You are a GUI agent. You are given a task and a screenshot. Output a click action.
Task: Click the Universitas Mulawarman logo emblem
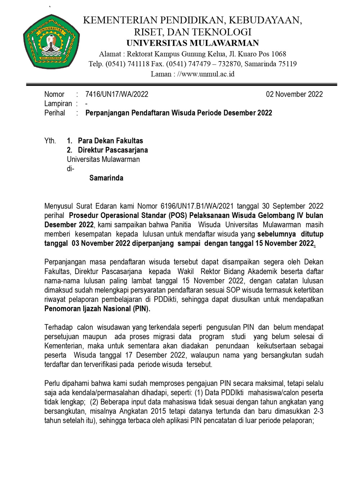click(51, 42)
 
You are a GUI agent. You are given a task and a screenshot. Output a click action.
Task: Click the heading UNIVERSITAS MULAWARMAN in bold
click(193, 43)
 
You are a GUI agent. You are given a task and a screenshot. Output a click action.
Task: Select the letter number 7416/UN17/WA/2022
click(117, 94)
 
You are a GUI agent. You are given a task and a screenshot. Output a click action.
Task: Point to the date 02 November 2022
click(294, 94)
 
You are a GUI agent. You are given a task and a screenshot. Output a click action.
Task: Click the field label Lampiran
click(58, 104)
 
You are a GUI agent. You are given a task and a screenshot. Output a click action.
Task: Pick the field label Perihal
click(55, 113)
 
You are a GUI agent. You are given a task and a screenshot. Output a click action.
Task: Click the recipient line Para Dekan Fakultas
click(110, 141)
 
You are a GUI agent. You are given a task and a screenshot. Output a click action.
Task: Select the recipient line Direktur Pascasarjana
click(113, 150)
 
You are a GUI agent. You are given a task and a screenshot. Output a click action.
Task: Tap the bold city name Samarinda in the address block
click(106, 178)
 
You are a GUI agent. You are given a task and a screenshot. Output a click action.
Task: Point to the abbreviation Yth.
click(50, 141)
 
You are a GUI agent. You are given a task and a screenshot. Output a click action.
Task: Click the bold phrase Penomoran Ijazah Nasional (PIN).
click(97, 309)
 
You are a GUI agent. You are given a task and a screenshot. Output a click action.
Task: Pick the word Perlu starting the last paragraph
click(52, 383)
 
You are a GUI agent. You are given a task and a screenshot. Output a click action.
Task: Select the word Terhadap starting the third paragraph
click(58, 327)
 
